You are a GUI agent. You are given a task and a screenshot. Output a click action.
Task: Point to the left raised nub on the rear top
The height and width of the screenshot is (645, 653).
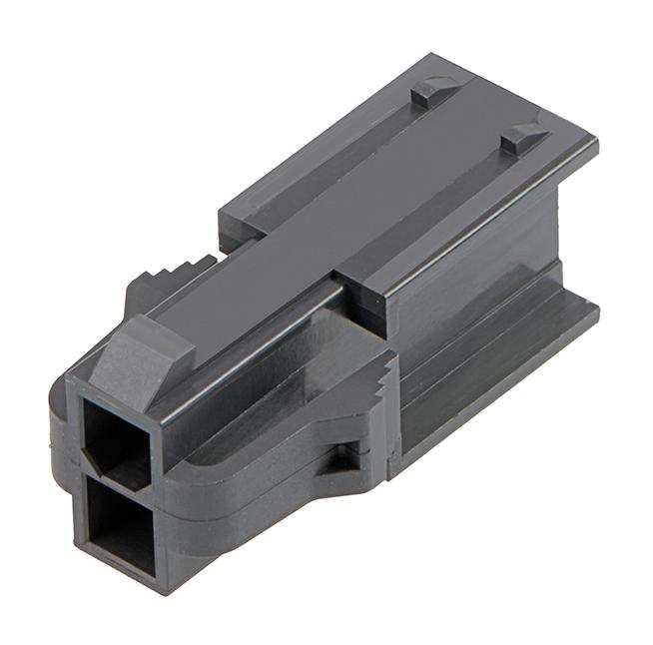pyautogui.click(x=435, y=91)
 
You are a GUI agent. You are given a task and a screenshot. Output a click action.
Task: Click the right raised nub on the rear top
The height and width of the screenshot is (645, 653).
pyautogui.click(x=524, y=139)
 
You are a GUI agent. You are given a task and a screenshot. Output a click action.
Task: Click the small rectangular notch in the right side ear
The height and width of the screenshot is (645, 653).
pyautogui.click(x=344, y=454)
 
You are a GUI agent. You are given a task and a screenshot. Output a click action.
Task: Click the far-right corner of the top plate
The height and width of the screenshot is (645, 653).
pyautogui.click(x=595, y=142)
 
